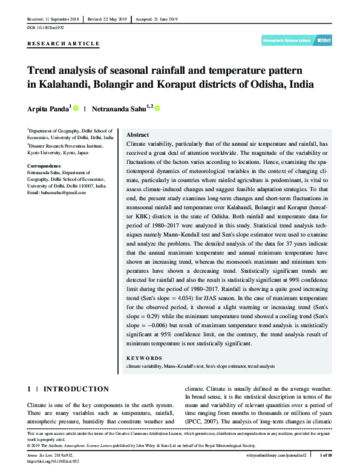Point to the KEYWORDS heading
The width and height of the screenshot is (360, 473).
(144, 358)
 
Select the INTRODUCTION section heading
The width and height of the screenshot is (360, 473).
(77, 389)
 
